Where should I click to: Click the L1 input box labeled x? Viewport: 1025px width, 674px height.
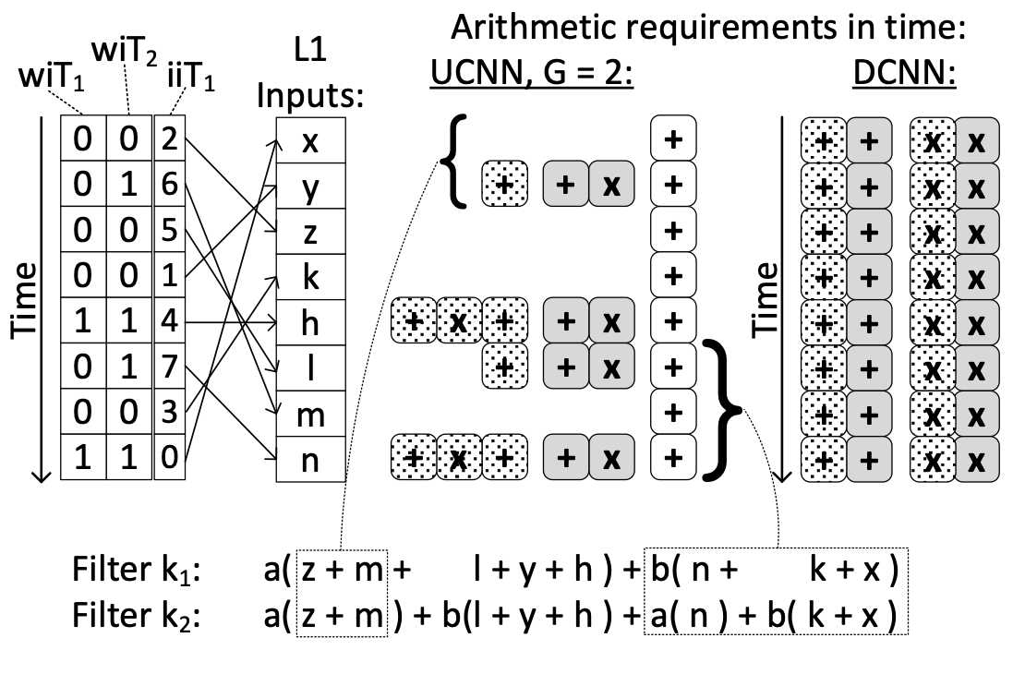point(310,140)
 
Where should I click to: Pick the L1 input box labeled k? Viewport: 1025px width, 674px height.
point(310,276)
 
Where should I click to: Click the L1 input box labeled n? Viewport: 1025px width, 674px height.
point(310,458)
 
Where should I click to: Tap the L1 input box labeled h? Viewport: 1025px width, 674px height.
point(310,321)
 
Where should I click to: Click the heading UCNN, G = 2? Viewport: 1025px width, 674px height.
point(530,73)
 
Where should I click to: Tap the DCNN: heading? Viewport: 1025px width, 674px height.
point(904,73)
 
